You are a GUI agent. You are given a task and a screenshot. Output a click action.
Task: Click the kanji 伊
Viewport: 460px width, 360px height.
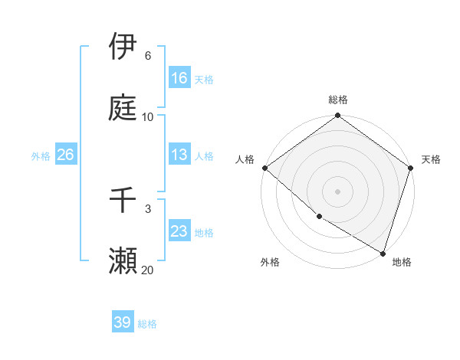tap(123, 47)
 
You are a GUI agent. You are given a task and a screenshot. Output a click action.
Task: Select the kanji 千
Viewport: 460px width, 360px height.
tap(123, 200)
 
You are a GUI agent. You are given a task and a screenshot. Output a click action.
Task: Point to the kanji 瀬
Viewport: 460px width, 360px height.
tap(123, 260)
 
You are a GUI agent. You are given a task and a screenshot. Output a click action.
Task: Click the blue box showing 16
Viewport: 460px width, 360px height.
tap(179, 78)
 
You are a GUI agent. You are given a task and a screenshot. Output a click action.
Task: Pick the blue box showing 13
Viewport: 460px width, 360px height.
tap(179, 155)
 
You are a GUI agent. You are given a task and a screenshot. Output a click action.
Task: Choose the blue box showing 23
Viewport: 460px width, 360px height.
tap(179, 231)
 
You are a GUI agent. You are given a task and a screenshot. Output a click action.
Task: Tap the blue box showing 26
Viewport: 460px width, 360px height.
tap(65, 155)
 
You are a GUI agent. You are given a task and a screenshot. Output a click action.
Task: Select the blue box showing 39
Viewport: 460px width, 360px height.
tap(123, 322)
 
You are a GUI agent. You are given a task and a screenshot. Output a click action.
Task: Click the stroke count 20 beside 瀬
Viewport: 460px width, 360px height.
tap(147, 270)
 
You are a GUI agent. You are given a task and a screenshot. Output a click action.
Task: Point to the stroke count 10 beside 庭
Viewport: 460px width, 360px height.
tap(148, 116)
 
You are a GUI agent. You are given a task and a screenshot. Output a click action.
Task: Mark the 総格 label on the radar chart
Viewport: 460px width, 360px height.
tap(338, 100)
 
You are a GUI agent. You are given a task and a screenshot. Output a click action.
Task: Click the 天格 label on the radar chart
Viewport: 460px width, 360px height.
tap(432, 159)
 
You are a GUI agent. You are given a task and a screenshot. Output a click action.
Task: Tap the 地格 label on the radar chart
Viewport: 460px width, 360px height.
tap(402, 262)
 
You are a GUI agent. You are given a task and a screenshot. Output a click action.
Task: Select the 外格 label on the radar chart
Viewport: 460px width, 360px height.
tap(270, 262)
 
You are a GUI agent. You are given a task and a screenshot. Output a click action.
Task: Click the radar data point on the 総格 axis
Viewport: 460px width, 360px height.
tap(338, 116)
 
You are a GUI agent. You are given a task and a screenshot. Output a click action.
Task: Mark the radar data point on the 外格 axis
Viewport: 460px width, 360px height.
tap(319, 217)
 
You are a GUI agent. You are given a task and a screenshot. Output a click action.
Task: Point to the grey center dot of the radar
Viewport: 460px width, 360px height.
tap(338, 191)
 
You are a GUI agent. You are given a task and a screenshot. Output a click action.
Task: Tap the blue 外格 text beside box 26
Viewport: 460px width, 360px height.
tap(41, 155)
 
